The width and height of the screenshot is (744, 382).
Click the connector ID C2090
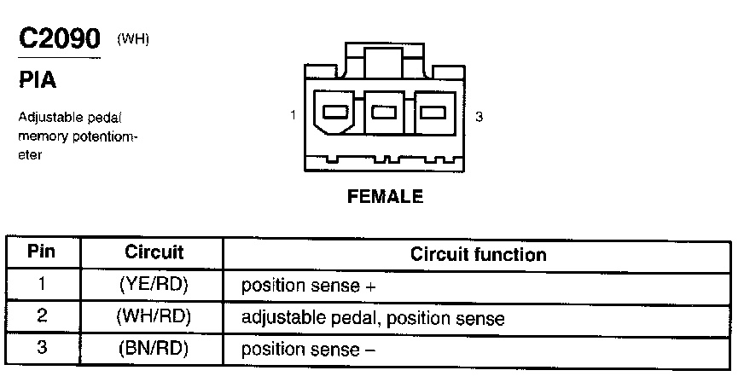tap(59, 39)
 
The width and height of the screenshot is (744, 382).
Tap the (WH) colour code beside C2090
tap(132, 38)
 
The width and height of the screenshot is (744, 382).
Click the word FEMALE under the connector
tap(385, 197)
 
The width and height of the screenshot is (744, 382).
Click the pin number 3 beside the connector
tap(479, 117)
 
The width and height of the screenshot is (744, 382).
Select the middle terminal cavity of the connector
tap(386, 112)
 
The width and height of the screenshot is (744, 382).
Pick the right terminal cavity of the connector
tap(436, 112)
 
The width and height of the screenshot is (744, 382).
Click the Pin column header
tap(42, 253)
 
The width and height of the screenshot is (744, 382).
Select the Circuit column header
tap(154, 253)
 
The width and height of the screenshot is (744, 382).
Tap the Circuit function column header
tap(478, 254)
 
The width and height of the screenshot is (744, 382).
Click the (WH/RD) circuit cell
tap(154, 317)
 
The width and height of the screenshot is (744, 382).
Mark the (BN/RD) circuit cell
tap(154, 349)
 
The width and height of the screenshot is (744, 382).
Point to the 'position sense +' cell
tap(308, 286)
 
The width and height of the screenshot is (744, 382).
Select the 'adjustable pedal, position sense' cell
tap(373, 318)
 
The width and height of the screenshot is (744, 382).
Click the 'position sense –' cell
tap(308, 350)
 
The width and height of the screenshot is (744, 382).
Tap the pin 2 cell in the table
tap(42, 316)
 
